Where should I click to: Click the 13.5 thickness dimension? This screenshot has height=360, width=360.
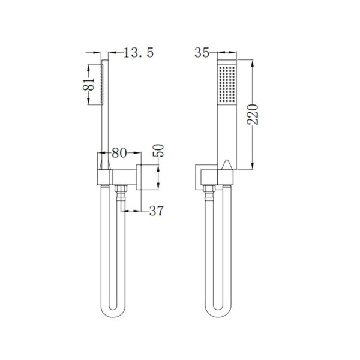click(x=139, y=53)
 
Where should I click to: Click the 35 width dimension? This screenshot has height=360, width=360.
click(x=201, y=53)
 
